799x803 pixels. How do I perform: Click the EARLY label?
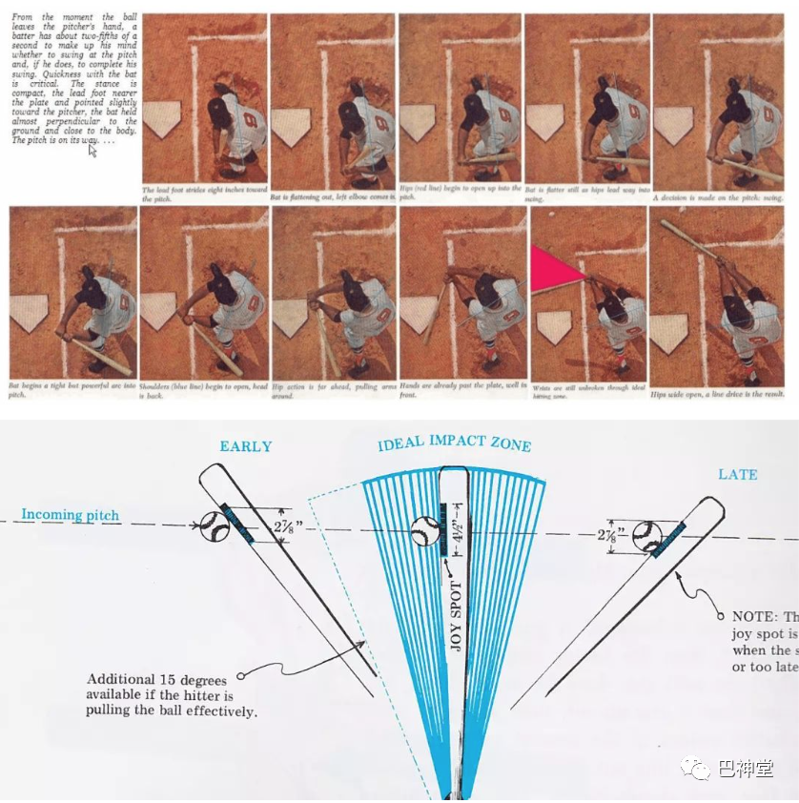coord(246,446)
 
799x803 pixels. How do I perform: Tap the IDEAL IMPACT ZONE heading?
coord(454,444)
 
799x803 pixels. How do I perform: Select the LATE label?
coord(738,474)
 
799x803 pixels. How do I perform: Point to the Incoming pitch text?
coord(71,516)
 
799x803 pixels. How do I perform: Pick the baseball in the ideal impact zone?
coord(425,531)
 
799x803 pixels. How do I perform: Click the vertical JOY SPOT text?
coord(455,616)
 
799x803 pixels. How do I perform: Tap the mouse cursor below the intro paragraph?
coord(93,150)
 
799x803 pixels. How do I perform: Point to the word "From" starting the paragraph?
coord(23,18)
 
